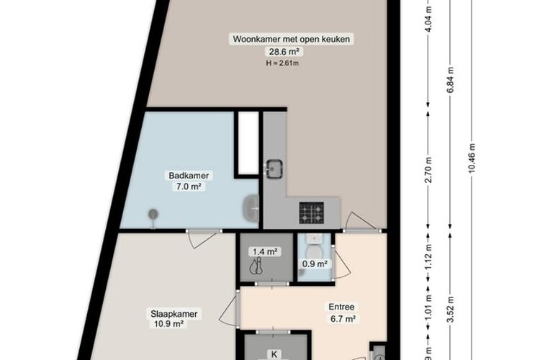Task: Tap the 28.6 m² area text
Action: [264, 52]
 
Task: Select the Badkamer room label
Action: [184, 175]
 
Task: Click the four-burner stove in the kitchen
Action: [312, 212]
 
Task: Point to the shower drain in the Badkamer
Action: [153, 213]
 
